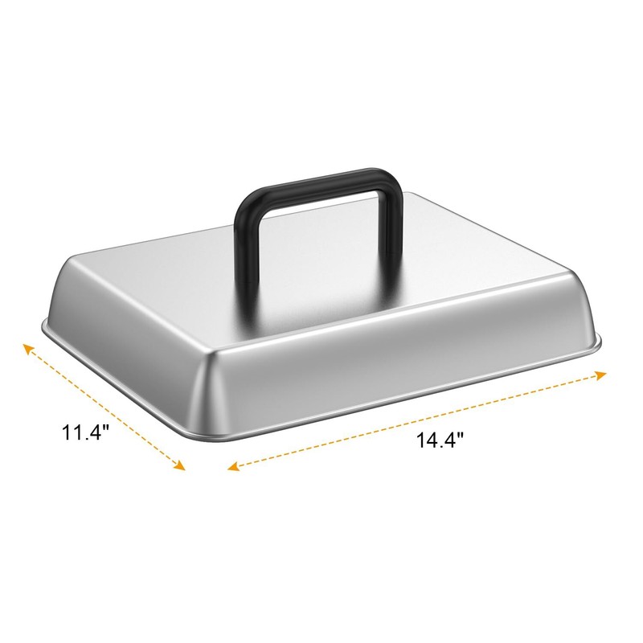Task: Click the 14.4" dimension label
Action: pyautogui.click(x=440, y=440)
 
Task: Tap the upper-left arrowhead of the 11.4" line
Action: pyautogui.click(x=28, y=350)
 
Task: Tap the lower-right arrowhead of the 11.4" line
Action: pyautogui.click(x=179, y=465)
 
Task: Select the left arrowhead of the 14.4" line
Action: pyautogui.click(x=233, y=466)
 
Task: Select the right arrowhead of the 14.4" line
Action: pyautogui.click(x=600, y=375)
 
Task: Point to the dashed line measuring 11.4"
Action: pyautogui.click(x=104, y=408)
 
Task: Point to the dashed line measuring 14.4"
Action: pyautogui.click(x=417, y=420)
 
